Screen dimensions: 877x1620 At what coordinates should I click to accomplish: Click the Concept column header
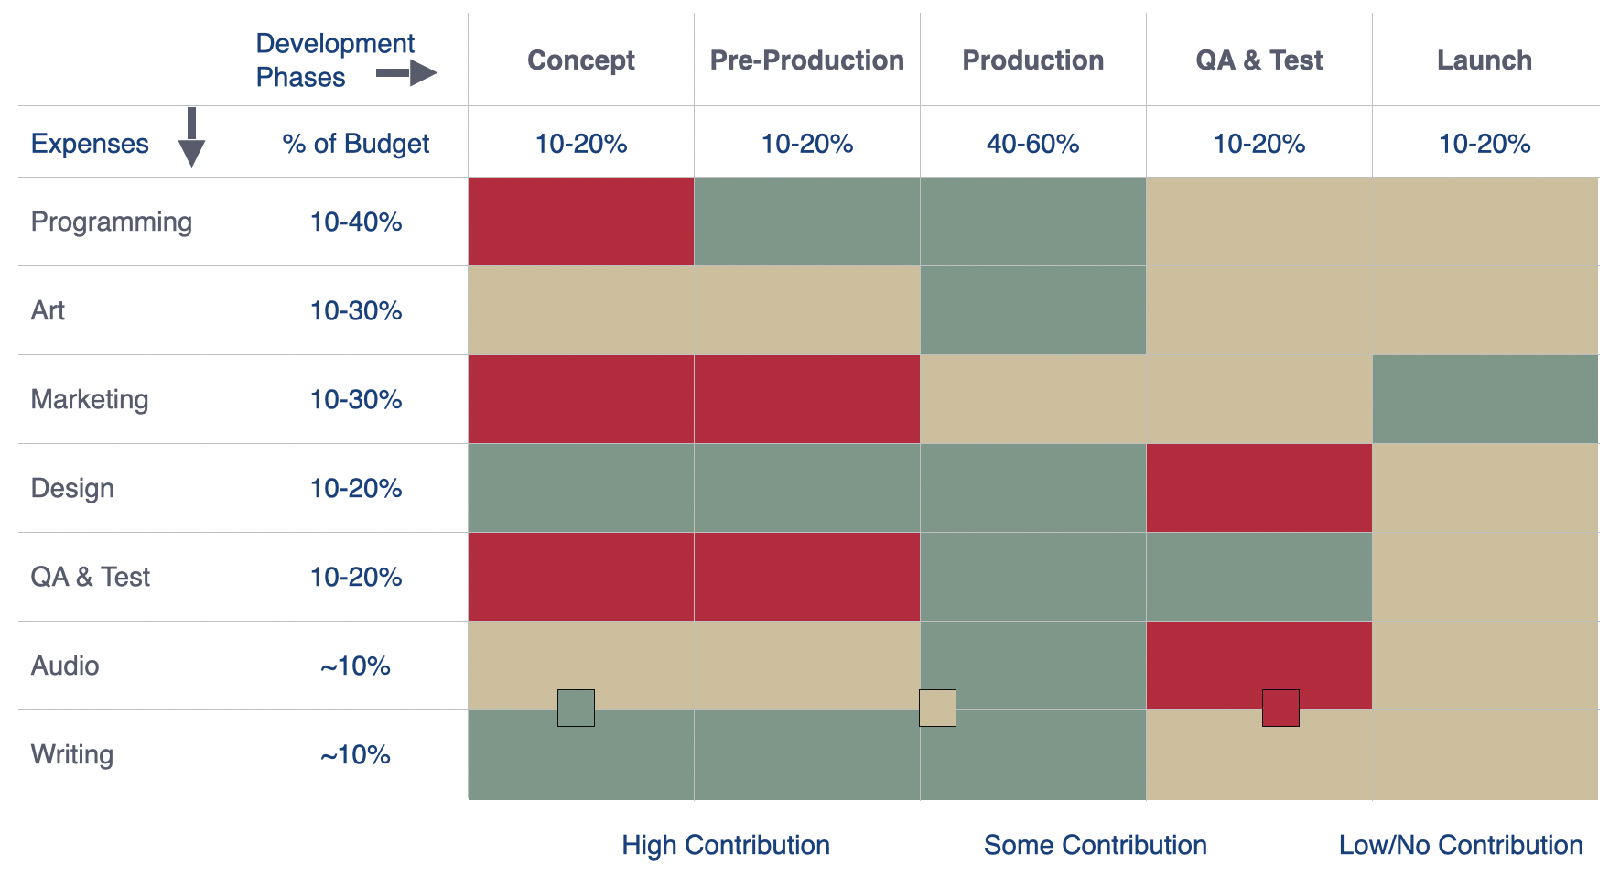(580, 60)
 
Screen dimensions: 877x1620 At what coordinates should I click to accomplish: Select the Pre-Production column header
(806, 60)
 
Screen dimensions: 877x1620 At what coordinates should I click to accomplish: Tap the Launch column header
(1484, 60)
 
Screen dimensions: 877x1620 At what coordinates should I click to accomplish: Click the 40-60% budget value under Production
(1032, 144)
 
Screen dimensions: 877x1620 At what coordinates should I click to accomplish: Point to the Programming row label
(112, 222)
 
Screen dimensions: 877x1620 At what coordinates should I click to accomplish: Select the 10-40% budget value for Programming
(356, 222)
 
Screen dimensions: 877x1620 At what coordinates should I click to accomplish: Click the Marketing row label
(90, 400)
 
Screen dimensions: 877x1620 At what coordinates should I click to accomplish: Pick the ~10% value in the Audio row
(355, 666)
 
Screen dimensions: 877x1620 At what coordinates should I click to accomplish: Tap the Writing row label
(72, 755)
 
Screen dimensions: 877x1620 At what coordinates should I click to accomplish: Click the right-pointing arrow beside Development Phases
(407, 73)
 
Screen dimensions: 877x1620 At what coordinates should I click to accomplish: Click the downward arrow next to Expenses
(191, 137)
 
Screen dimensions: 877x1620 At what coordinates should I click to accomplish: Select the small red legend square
(1280, 708)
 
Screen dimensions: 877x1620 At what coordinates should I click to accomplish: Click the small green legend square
(576, 708)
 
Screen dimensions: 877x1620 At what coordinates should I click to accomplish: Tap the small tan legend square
(937, 708)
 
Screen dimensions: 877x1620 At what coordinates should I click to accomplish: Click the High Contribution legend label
(726, 845)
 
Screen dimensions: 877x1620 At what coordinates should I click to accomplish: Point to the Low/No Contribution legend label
(1461, 845)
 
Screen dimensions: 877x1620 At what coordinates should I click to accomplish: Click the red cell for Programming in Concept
(580, 222)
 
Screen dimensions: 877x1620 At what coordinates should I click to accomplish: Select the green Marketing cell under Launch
(1485, 399)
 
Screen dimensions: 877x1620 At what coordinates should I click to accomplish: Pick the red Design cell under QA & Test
(1258, 488)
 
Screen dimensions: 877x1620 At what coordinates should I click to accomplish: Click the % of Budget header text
(356, 144)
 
